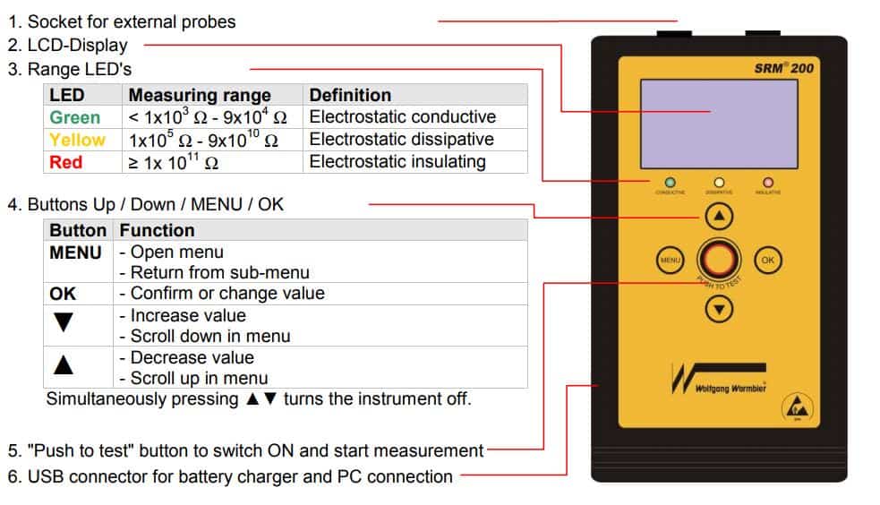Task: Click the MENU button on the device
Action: (670, 260)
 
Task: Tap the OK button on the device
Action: (767, 260)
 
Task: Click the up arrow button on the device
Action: (720, 216)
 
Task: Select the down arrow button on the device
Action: (720, 308)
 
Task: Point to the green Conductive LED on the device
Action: (670, 183)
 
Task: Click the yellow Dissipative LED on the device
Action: (719, 183)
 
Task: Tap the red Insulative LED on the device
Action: (767, 183)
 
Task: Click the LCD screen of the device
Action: (719, 123)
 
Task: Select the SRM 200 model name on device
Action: (784, 68)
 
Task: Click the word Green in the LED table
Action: (75, 117)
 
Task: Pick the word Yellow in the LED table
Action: (77, 140)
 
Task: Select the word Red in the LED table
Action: (65, 162)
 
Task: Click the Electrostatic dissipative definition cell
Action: (401, 140)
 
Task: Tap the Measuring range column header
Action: (200, 95)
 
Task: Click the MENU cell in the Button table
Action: (75, 253)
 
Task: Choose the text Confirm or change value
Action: (227, 294)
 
